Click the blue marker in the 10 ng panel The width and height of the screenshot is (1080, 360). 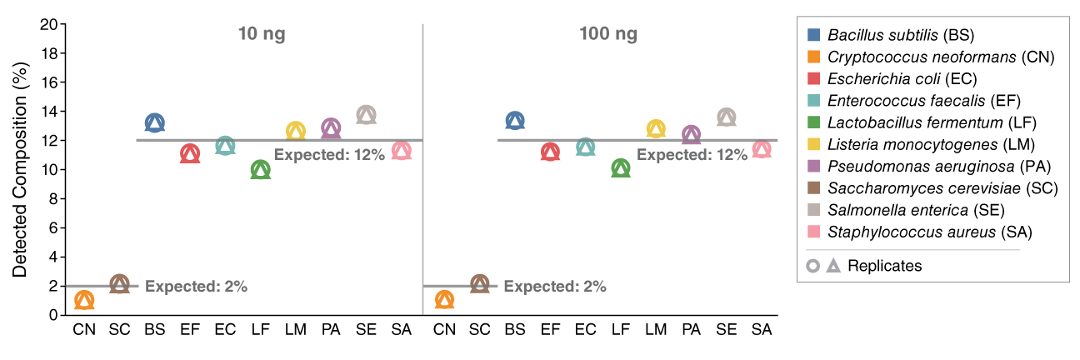tap(154, 123)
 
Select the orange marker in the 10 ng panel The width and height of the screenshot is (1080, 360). tap(84, 300)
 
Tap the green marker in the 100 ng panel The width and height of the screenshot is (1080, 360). tap(621, 168)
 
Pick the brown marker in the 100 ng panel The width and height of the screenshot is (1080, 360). tap(479, 284)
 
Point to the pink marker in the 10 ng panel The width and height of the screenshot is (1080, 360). tap(402, 151)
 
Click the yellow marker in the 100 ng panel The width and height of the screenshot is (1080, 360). tap(656, 129)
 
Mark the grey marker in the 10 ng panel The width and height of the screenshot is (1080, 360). tap(366, 115)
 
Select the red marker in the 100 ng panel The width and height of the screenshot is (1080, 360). tap(550, 152)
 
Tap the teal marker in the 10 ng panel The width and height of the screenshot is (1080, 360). tap(225, 146)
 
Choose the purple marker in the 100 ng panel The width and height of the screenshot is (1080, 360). tap(691, 134)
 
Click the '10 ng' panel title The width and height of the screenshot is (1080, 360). tap(262, 34)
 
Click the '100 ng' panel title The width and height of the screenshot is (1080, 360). tap(608, 34)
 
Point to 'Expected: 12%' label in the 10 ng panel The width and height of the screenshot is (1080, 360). tap(329, 155)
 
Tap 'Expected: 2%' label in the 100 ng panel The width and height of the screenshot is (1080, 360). tap(555, 287)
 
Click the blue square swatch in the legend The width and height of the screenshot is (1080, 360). tap(814, 35)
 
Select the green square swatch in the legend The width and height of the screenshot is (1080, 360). tap(814, 122)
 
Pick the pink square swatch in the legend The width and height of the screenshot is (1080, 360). tap(814, 232)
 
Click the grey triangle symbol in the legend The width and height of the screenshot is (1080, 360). tap(833, 266)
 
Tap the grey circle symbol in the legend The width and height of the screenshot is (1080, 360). tap(812, 266)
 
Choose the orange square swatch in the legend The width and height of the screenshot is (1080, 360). tap(814, 57)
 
